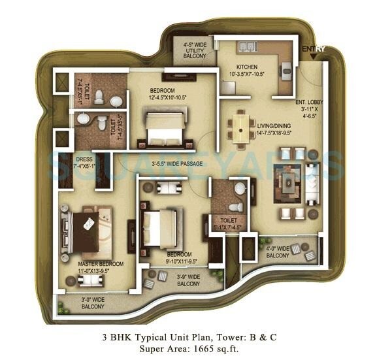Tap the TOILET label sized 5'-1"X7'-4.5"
pos(228,224)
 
